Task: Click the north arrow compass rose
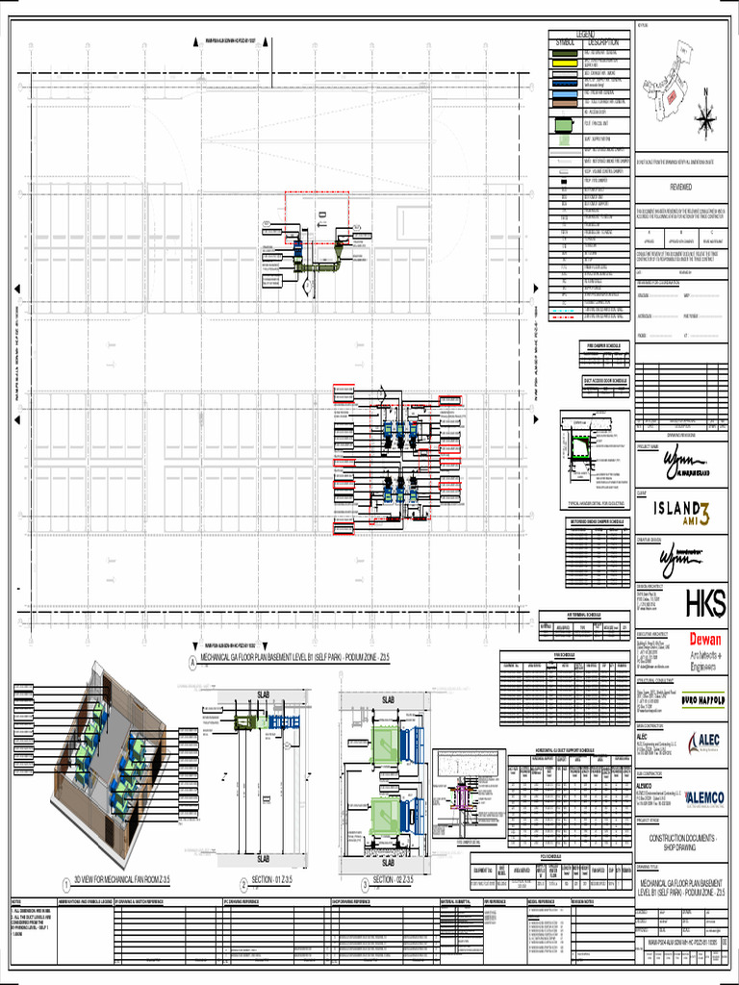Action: (707, 116)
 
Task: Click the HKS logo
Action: (705, 603)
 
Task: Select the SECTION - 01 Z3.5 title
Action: (276, 880)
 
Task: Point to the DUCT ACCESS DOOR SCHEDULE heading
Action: (602, 380)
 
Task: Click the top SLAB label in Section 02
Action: (389, 699)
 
